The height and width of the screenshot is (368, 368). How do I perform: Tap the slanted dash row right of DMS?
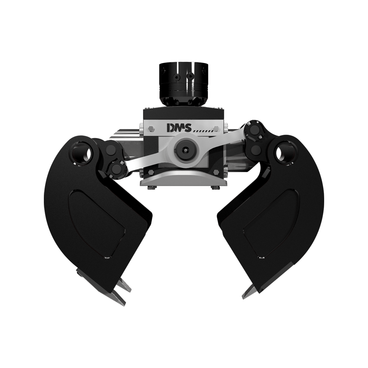(x=203, y=131)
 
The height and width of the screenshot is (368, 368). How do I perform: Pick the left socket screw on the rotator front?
(x=176, y=78)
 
